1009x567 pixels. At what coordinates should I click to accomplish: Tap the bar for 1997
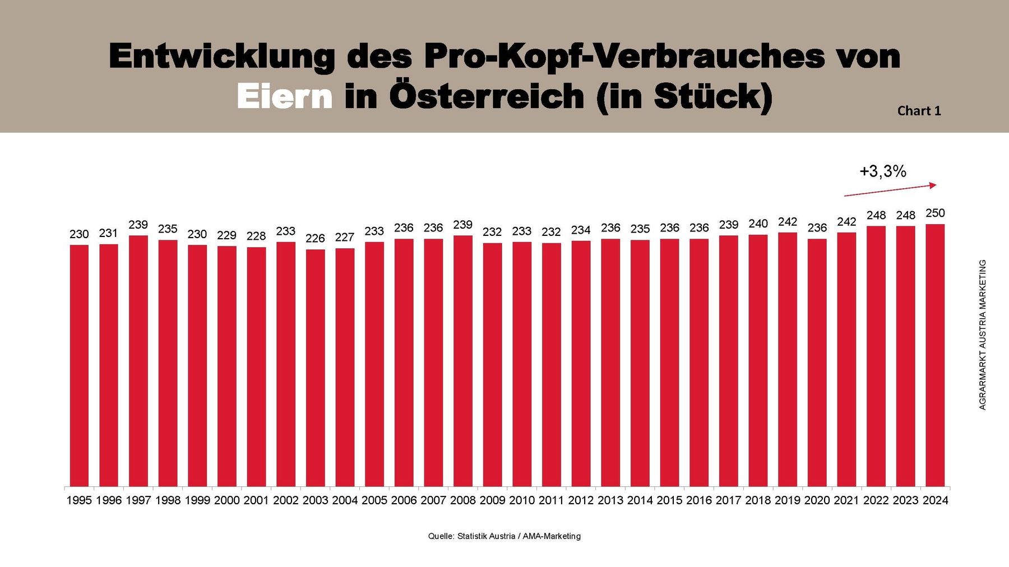pyautogui.click(x=138, y=361)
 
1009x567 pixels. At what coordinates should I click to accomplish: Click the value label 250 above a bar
pyautogui.click(x=935, y=213)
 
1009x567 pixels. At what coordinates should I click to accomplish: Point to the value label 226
pyautogui.click(x=315, y=239)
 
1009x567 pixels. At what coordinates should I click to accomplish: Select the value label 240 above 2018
pyautogui.click(x=758, y=224)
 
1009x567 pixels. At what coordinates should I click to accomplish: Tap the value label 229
pyautogui.click(x=226, y=235)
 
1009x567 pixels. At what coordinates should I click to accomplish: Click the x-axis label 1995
pyautogui.click(x=79, y=500)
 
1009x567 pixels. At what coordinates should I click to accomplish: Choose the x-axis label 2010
pyautogui.click(x=522, y=500)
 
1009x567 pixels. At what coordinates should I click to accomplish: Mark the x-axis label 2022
pyautogui.click(x=876, y=500)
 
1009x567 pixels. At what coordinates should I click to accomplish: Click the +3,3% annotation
pyautogui.click(x=883, y=171)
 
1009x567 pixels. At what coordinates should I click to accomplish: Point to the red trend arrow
pyautogui.click(x=890, y=190)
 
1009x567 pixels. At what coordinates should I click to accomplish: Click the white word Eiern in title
pyautogui.click(x=285, y=96)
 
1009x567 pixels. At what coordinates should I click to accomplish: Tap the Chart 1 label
pyautogui.click(x=919, y=111)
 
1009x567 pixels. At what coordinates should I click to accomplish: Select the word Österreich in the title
pyautogui.click(x=487, y=96)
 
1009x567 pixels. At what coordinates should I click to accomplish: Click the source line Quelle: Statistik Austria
pyautogui.click(x=504, y=536)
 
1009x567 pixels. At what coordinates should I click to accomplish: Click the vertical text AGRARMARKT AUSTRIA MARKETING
pyautogui.click(x=982, y=334)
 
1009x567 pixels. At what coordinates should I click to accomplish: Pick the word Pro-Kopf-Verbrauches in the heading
pyautogui.click(x=624, y=56)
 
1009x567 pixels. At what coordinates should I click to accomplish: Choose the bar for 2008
pyautogui.click(x=462, y=361)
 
